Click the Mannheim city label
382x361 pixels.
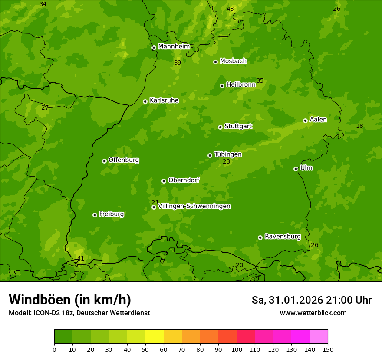coord(174,47)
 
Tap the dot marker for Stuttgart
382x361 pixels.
coord(220,127)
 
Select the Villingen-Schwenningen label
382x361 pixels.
coord(194,206)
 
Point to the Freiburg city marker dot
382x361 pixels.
coord(95,215)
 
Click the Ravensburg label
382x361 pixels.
coord(282,237)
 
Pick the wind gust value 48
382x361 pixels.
coord(230,9)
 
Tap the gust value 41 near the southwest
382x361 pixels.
coord(81,259)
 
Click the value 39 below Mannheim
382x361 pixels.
coord(178,63)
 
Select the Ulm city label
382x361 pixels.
coord(306,168)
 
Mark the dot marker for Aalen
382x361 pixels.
coord(305,120)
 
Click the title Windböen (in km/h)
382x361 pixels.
coord(70,300)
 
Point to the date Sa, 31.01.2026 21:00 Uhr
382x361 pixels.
coord(311,300)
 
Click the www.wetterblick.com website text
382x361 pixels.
coord(313,313)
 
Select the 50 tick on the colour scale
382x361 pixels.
coord(145,349)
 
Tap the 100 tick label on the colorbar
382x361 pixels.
coord(237,349)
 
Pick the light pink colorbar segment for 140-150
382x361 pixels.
coord(319,337)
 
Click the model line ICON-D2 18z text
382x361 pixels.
coord(79,313)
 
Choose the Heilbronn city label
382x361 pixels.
coord(240,85)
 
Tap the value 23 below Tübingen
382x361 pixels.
coord(227,162)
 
